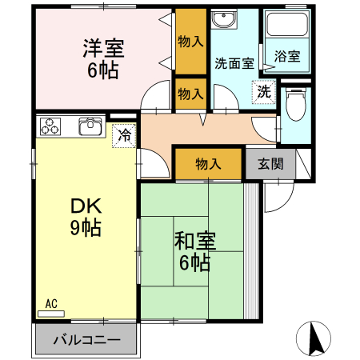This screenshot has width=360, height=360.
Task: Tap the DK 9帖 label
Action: click(84, 217)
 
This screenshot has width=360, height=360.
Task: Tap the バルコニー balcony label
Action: click(87, 340)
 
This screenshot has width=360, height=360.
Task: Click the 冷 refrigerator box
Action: click(124, 136)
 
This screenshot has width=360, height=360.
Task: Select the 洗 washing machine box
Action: click(262, 91)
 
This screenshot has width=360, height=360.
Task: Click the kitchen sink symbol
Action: click(90, 127)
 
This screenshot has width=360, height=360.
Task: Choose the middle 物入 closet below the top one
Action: click(189, 93)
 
